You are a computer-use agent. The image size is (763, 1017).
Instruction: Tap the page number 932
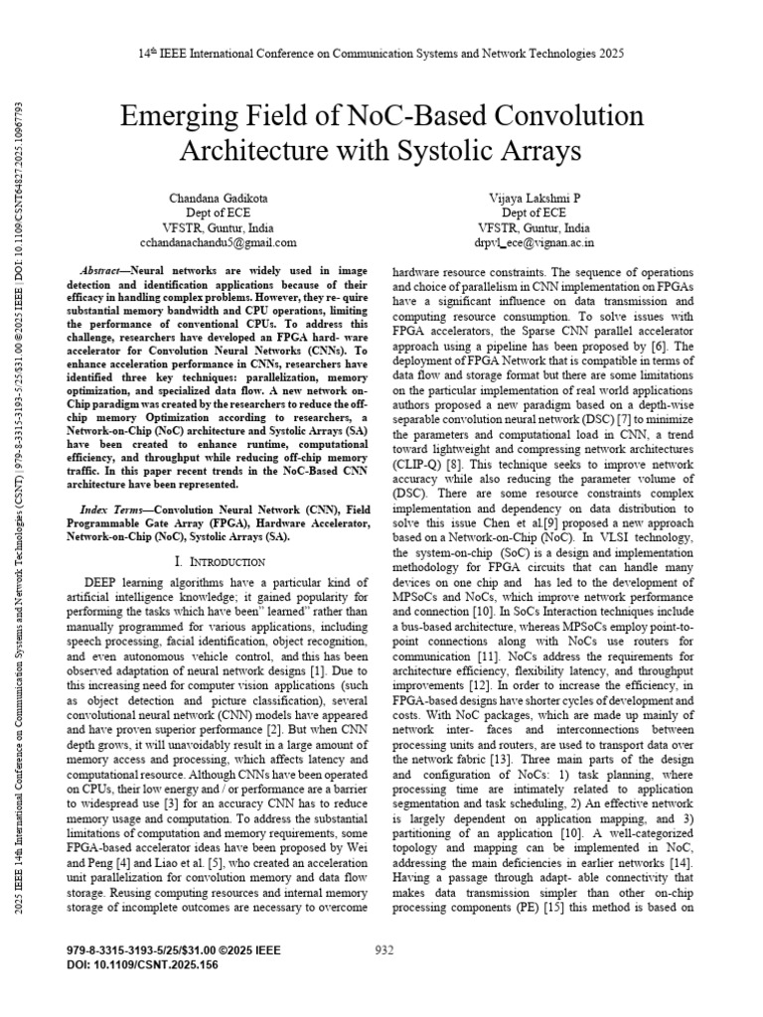click(x=384, y=949)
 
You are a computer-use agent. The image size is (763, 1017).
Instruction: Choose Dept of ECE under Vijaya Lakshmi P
click(x=534, y=212)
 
